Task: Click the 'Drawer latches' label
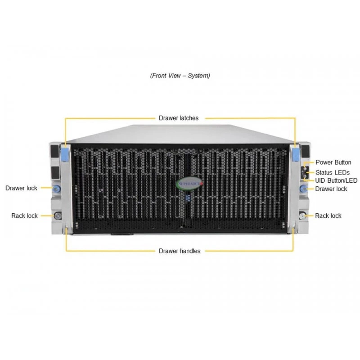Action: pos(179,118)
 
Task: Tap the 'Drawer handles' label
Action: pos(180,251)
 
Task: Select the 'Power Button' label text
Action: pos(333,162)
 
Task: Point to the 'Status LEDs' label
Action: pos(333,172)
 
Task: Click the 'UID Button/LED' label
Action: pos(336,181)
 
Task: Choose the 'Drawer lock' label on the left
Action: pos(21,188)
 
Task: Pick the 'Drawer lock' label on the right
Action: pos(331,189)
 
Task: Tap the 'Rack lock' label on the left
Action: pos(25,216)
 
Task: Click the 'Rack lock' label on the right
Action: pos(328,216)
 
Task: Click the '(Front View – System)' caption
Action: pos(180,76)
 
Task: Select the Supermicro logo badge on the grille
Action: pos(189,184)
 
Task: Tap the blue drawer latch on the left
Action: pos(65,154)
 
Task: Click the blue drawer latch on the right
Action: pos(296,154)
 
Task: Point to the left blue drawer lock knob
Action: pos(57,189)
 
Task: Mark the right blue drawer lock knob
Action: pos(303,189)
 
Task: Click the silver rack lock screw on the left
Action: pos(58,216)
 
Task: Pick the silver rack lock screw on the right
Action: pos(302,216)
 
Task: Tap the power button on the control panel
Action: pos(305,165)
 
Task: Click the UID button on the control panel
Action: pos(305,176)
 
